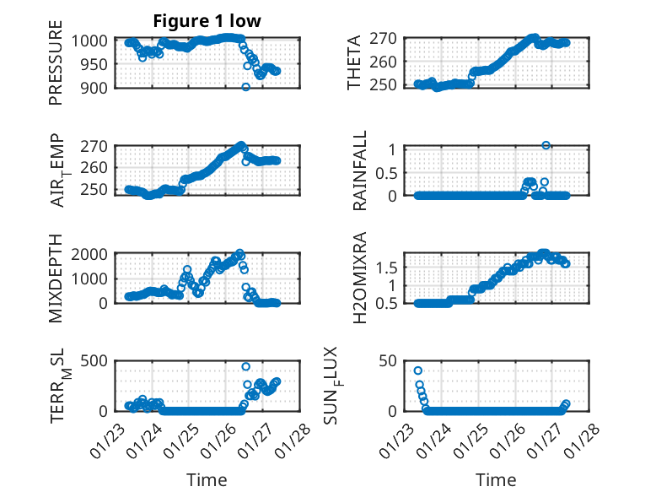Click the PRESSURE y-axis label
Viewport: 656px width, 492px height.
(x=56, y=68)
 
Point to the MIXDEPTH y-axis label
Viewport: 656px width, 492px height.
(x=56, y=277)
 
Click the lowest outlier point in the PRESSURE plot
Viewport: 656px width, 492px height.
(x=245, y=87)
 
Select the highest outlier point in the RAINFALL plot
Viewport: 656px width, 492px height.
(x=546, y=146)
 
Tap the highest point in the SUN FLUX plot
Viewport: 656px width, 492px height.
(x=418, y=370)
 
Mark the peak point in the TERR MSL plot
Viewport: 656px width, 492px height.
(x=246, y=366)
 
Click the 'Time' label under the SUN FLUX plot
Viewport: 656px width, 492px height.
(x=497, y=479)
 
